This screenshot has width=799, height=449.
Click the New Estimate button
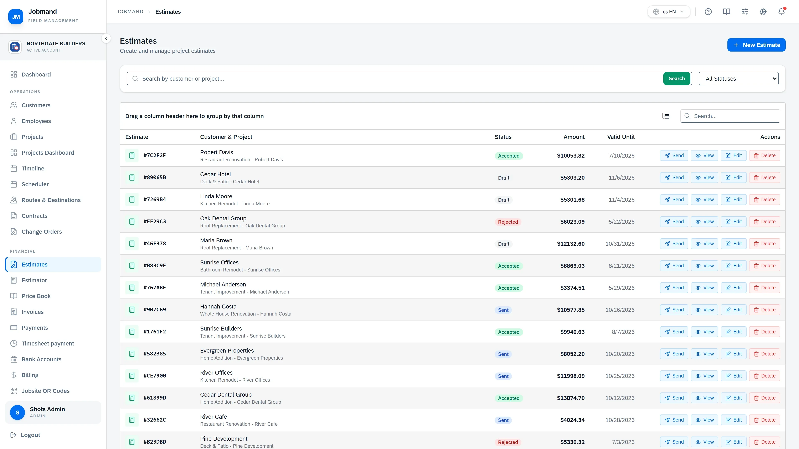pyautogui.click(x=756, y=45)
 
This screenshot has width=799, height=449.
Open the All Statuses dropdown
pyautogui.click(x=738, y=79)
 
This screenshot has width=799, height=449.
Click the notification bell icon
pyautogui.click(x=781, y=12)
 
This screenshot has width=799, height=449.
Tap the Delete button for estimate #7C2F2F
pyautogui.click(x=765, y=155)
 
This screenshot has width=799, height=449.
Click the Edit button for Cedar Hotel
pyautogui.click(x=733, y=178)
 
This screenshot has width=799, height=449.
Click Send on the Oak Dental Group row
pyautogui.click(x=674, y=222)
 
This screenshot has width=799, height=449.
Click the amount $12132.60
pyautogui.click(x=571, y=244)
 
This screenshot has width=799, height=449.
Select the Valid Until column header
pyautogui.click(x=621, y=137)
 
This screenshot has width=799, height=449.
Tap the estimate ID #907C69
pyautogui.click(x=154, y=310)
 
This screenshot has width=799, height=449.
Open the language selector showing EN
pyautogui.click(x=669, y=12)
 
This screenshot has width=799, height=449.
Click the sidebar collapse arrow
pyautogui.click(x=106, y=38)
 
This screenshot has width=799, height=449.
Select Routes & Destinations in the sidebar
pyautogui.click(x=51, y=200)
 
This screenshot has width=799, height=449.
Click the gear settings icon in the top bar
pyautogui.click(x=763, y=12)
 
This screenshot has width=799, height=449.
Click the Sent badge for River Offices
pyautogui.click(x=503, y=376)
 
